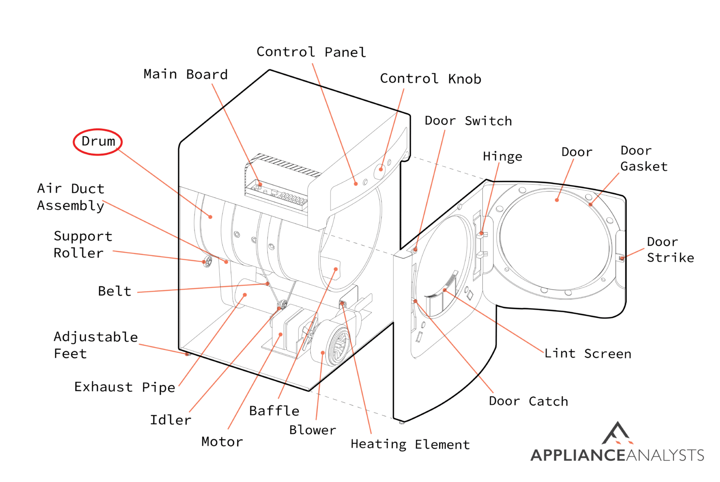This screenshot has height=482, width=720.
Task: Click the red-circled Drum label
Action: click(97, 141)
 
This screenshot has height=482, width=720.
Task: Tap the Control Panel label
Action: click(311, 52)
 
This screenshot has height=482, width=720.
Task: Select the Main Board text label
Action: click(186, 74)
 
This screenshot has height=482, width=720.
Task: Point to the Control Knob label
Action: click(430, 79)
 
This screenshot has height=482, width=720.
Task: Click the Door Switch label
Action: click(468, 121)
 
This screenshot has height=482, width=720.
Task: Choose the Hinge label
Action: click(502, 156)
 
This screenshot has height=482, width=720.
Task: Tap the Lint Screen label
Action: click(587, 354)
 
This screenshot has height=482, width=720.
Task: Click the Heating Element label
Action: click(410, 445)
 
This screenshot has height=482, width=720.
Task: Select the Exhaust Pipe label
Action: click(125, 387)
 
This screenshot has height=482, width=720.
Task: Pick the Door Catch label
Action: click(528, 401)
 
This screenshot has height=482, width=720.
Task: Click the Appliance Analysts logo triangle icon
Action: click(617, 433)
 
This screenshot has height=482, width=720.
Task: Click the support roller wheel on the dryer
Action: click(208, 261)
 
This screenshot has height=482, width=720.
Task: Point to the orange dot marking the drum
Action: click(210, 217)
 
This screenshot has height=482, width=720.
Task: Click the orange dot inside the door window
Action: click(557, 200)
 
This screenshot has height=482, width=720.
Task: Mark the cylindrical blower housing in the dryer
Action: click(330, 343)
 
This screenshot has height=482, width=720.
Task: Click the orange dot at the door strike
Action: click(622, 258)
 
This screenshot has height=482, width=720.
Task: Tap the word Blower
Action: click(313, 430)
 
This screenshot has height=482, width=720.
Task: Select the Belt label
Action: click(114, 291)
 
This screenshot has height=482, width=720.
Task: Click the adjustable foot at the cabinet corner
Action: click(187, 354)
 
